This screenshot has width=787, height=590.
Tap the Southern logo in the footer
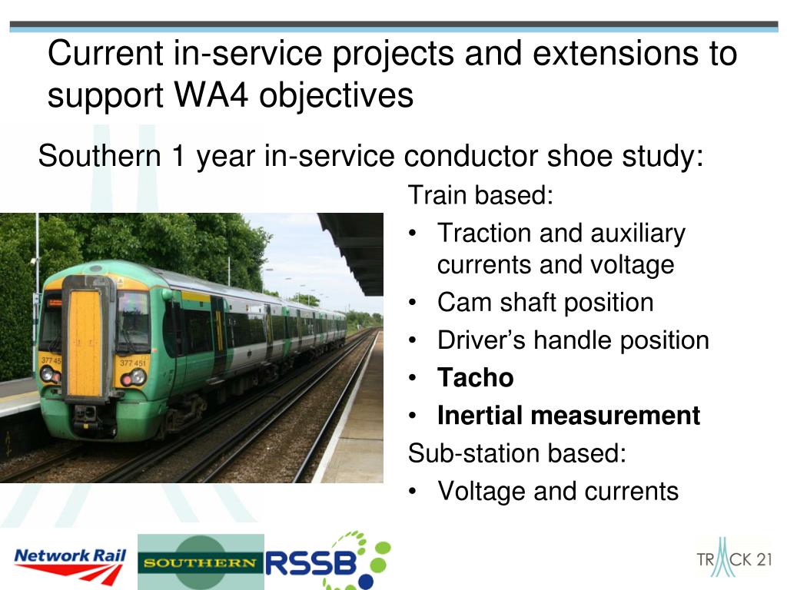201,562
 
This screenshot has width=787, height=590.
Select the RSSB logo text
310,563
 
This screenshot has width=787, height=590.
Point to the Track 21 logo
734,558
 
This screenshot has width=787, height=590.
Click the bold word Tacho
475,378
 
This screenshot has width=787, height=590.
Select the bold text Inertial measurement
569,416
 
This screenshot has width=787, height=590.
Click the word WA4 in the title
211,94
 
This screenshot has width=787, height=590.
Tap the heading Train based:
480,194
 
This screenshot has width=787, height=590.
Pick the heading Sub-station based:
517,453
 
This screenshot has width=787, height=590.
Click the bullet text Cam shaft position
546,303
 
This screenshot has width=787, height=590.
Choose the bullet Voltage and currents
558,491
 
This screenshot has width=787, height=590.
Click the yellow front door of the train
86,343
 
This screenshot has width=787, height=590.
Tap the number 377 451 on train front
132,363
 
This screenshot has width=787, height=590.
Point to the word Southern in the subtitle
99,155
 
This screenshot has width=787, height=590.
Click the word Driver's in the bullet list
481,340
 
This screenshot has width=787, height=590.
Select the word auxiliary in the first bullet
638,234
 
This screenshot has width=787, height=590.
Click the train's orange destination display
55,303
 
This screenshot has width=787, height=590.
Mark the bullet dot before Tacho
413,378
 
